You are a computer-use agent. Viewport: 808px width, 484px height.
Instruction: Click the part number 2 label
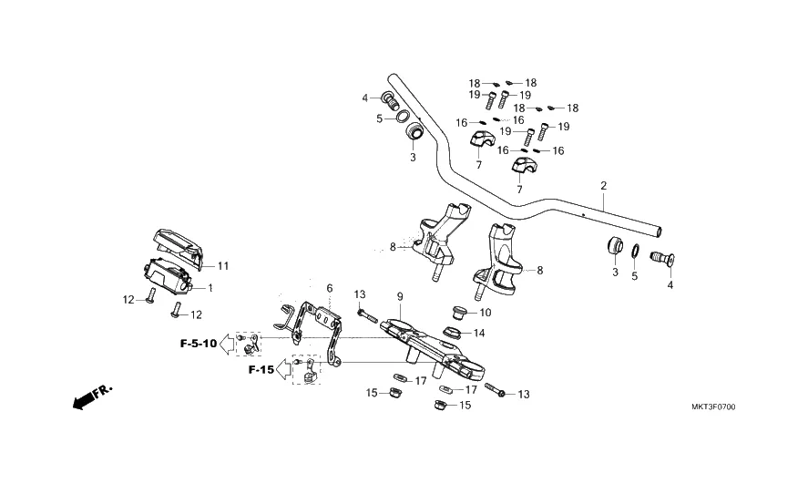603,186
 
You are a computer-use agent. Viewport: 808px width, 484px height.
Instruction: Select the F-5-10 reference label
198,344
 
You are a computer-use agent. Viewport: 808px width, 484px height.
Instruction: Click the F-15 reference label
261,370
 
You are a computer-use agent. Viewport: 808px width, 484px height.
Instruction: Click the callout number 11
223,266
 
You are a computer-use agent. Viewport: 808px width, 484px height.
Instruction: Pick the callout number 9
400,297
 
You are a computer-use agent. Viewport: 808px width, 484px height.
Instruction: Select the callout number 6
330,288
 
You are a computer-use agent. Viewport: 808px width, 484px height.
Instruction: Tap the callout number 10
486,313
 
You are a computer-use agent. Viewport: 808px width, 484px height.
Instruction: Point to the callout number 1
210,288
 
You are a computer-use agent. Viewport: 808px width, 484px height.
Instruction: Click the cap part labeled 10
459,314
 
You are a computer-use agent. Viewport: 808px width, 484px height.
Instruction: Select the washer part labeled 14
453,332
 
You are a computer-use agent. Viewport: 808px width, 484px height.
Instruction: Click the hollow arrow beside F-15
285,369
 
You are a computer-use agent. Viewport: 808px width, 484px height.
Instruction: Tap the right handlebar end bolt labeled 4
660,260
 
